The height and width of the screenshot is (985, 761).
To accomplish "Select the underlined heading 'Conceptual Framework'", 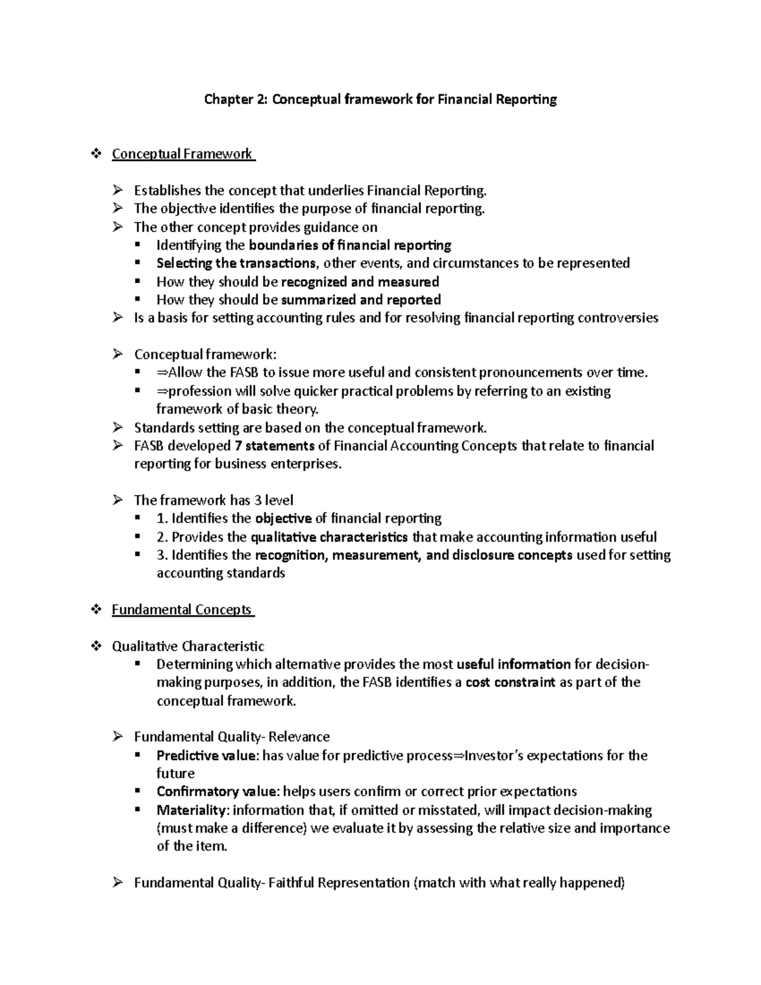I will click(182, 154).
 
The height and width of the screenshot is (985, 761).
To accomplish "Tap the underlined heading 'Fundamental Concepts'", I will click(182, 610).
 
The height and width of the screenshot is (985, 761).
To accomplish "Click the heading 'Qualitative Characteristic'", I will click(188, 646).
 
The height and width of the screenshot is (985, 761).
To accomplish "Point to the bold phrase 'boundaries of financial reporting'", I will click(350, 245).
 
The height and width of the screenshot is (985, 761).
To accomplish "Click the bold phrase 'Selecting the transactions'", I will click(236, 263).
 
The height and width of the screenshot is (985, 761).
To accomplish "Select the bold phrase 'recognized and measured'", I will click(360, 282).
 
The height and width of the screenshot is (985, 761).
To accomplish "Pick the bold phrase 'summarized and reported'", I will click(360, 300).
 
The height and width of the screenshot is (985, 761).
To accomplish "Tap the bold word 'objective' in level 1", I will click(283, 518).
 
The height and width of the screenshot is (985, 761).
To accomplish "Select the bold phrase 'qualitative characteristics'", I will click(329, 537).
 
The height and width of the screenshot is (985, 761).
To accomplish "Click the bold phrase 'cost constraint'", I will click(510, 682).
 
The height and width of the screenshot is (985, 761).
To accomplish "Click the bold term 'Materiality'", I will click(192, 810).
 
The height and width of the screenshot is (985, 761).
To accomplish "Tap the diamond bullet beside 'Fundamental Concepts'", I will click(96, 610).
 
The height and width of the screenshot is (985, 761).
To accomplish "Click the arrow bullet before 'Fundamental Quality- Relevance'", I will click(118, 737).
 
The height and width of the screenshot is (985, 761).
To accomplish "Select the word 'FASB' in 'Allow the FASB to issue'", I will click(244, 372).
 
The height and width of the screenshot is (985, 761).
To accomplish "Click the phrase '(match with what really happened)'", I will click(519, 883).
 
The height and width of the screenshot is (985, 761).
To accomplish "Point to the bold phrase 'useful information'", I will click(513, 664).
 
